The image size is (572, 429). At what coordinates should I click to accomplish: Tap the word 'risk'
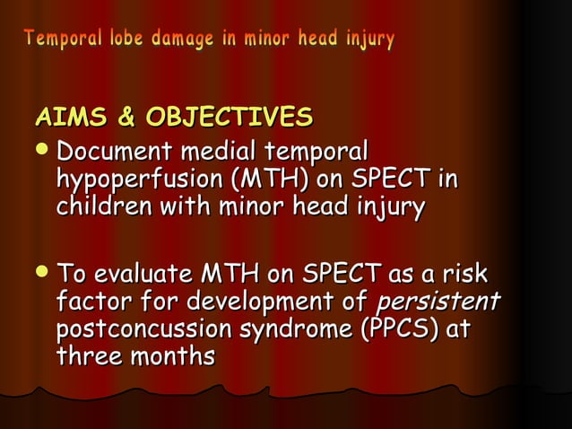[x=471, y=271]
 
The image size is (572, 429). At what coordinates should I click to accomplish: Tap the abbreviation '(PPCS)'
[x=399, y=328]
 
